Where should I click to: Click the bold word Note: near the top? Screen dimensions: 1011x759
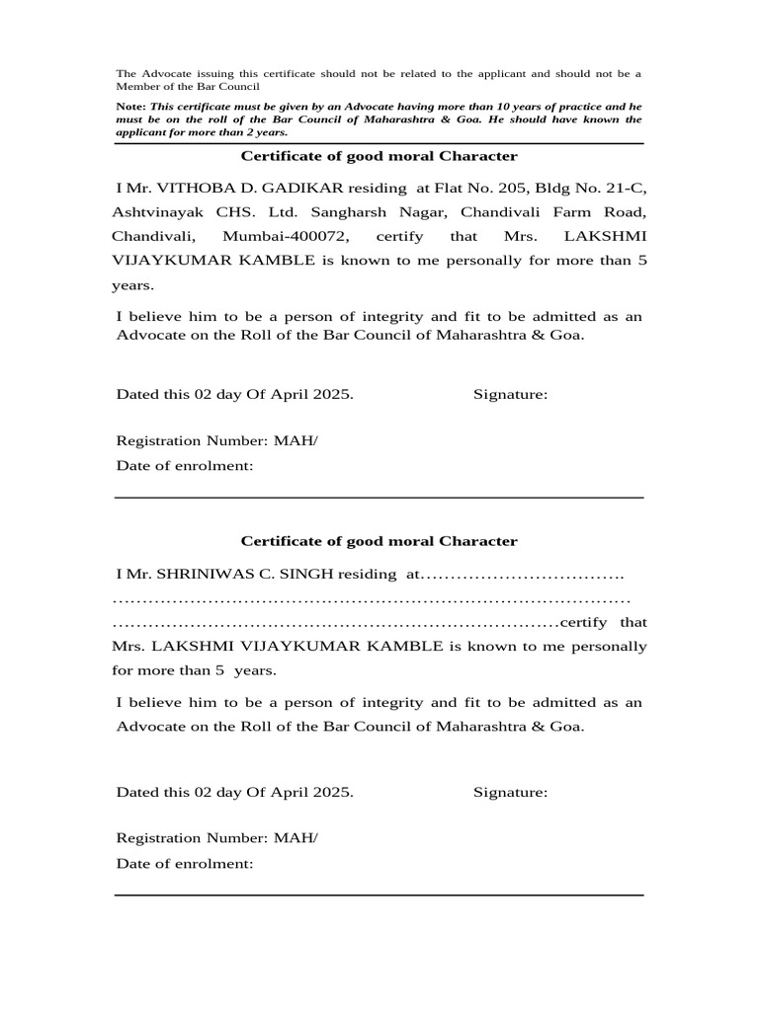(131, 106)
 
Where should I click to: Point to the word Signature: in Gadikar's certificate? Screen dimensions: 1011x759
(510, 395)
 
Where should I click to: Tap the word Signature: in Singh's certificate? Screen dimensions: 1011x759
(510, 792)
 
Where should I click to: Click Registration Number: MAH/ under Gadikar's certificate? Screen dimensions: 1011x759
(217, 440)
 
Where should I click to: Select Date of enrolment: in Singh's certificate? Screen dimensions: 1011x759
(185, 863)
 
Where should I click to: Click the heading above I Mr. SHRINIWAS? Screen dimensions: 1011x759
(379, 541)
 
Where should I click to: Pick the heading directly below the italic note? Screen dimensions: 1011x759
(379, 156)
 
